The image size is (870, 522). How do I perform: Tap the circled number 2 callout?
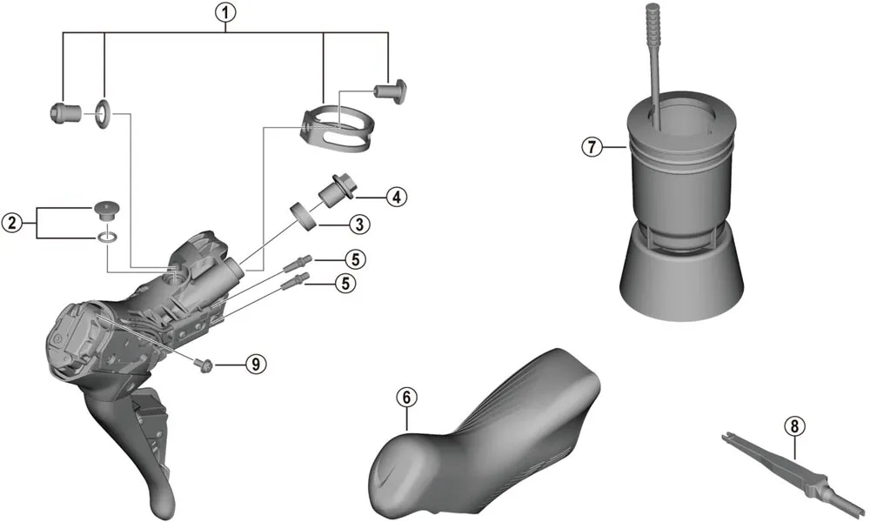tap(12, 224)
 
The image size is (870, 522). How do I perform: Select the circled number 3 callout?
tap(358, 224)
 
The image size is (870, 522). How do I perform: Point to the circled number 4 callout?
tap(395, 197)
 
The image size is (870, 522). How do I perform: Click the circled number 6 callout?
tap(405, 397)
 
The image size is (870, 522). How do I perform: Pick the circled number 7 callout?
tap(592, 146)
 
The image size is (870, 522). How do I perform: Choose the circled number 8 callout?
tap(793, 426)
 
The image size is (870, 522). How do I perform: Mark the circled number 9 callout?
tap(255, 364)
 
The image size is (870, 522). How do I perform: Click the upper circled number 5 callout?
tap(353, 258)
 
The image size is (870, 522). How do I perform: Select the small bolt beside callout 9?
tap(205, 364)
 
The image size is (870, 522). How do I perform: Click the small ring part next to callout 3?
tap(301, 213)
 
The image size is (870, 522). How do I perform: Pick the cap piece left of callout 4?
tap(335, 187)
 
